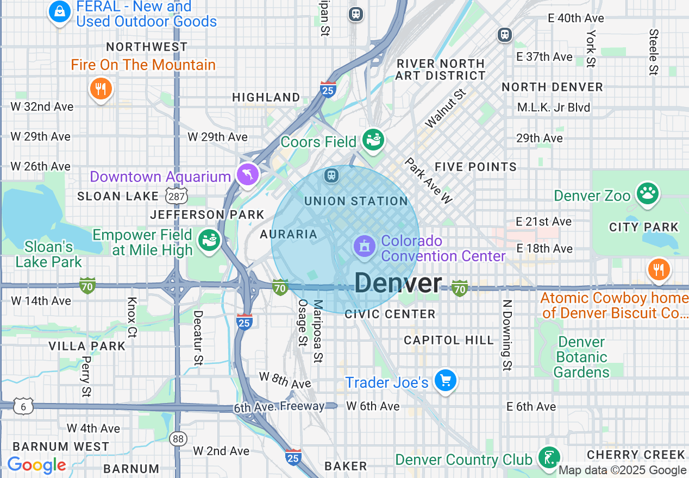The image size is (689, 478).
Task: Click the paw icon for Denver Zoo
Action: [647, 193]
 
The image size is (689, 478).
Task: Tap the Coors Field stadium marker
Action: [373, 140]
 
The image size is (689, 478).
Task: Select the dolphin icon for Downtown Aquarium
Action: [248, 174]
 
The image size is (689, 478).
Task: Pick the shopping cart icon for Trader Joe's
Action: [446, 381]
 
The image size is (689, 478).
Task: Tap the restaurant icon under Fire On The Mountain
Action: [100, 88]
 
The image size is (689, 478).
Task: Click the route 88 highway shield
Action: [177, 438]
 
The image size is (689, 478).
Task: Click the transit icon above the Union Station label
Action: [331, 175]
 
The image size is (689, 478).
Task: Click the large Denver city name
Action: [398, 283]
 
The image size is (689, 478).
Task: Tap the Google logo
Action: [36, 466]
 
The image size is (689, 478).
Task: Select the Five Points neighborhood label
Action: [475, 167]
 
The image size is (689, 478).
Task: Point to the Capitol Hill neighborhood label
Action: [449, 340]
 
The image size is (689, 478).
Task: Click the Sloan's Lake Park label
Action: [48, 254]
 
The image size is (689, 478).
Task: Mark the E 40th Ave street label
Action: [575, 18]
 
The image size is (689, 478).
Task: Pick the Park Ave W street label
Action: [428, 181]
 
